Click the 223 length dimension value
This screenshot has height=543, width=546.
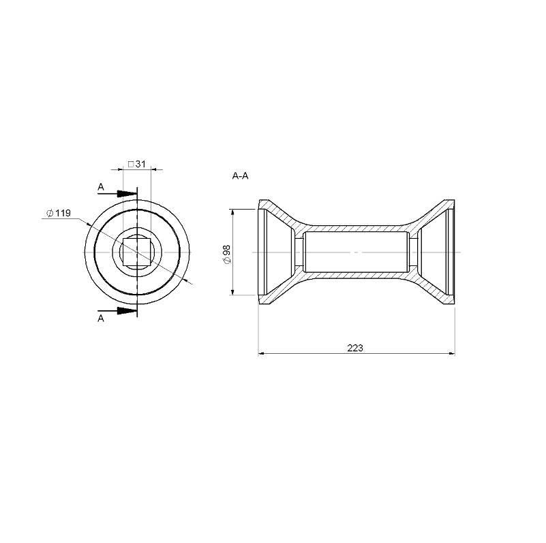[x=355, y=348]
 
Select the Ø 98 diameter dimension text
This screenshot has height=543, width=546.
[x=227, y=254]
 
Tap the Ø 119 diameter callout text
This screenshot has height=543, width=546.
[x=59, y=213]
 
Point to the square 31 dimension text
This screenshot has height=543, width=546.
[x=136, y=164]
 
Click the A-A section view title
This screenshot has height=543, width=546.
[x=240, y=176]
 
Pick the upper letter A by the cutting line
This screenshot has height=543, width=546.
[x=101, y=187]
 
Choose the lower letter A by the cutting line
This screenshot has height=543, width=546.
[x=101, y=318]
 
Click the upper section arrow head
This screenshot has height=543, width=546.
[x=127, y=194]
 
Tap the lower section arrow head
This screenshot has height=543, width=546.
[x=127, y=311]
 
